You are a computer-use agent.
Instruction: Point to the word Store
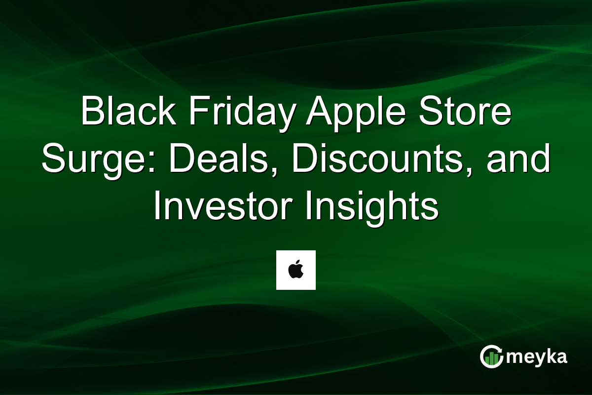pyautogui.click(x=464, y=112)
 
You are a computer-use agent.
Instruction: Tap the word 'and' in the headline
pyautogui.click(x=518, y=160)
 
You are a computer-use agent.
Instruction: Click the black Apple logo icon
pyautogui.click(x=296, y=270)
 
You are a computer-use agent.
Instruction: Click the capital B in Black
pyautogui.click(x=91, y=112)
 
